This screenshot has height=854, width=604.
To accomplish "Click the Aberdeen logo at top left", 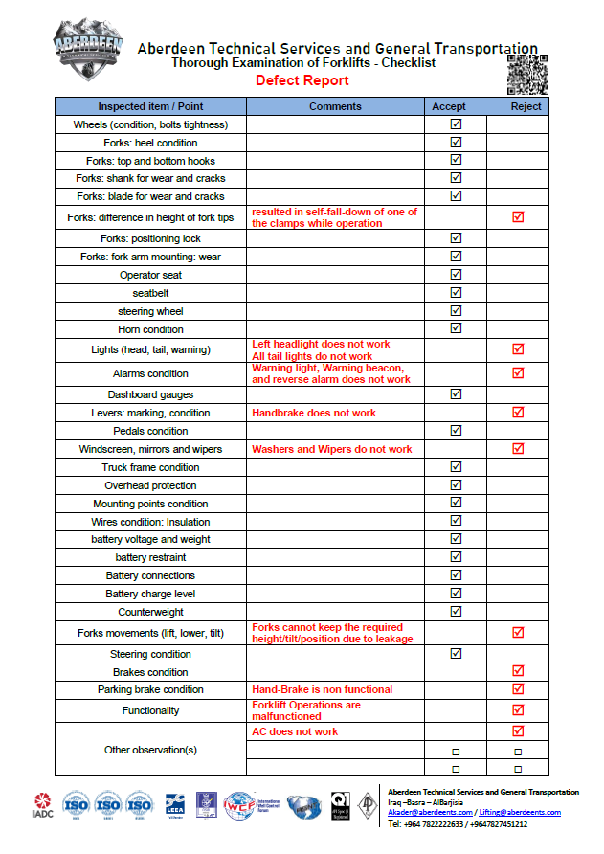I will [x=89, y=45].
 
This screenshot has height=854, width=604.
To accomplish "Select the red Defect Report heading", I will [x=302, y=80].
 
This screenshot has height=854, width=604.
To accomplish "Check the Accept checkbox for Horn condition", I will [x=456, y=328].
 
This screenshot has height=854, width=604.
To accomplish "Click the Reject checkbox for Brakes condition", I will [x=518, y=671].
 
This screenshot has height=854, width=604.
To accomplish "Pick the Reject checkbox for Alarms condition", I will [x=518, y=373].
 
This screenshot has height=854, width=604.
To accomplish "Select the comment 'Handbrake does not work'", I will [x=314, y=413].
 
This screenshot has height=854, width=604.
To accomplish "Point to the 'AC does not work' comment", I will [x=295, y=731].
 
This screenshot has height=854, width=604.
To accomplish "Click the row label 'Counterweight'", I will [x=151, y=612].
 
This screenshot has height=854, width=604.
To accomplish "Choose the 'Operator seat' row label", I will [x=151, y=275].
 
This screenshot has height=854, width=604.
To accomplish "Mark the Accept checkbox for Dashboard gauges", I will [x=456, y=393].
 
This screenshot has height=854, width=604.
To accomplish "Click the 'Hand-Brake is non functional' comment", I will [x=322, y=689].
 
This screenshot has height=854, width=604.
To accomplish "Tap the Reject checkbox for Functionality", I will [x=518, y=710].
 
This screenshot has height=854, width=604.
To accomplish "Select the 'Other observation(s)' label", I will [x=151, y=750].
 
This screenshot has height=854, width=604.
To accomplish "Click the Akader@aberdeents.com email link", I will [x=429, y=813].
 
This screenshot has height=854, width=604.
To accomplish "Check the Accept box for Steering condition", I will [x=456, y=654].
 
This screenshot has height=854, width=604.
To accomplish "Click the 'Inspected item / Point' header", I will [x=151, y=106].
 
